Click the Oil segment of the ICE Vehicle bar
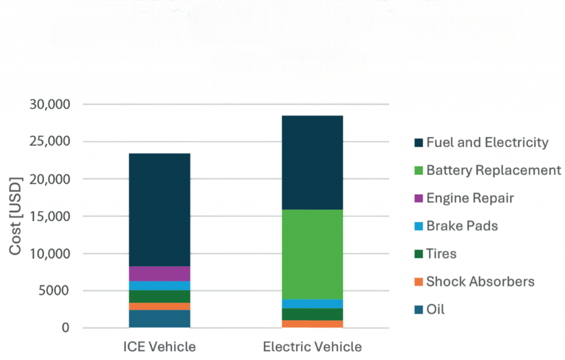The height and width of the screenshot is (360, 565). (159, 319)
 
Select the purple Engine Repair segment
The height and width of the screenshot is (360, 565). (159, 273)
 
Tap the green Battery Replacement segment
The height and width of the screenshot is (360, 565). (312, 254)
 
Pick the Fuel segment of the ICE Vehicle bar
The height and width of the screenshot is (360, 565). (159, 209)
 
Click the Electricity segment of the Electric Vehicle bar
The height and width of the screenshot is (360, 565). (312, 162)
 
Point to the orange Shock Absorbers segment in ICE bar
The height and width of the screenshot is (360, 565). (159, 306)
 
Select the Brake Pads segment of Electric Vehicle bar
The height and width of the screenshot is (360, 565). (312, 304)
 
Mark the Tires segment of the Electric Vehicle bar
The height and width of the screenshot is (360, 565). (312, 314)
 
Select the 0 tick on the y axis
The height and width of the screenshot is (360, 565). (66, 328)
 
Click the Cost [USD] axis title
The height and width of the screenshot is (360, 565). (16, 216)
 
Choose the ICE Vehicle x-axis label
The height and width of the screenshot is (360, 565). (159, 347)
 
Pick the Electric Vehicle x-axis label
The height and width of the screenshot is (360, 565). (312, 347)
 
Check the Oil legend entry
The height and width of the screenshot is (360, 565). (435, 309)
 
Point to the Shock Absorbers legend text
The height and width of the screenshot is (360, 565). (480, 282)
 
